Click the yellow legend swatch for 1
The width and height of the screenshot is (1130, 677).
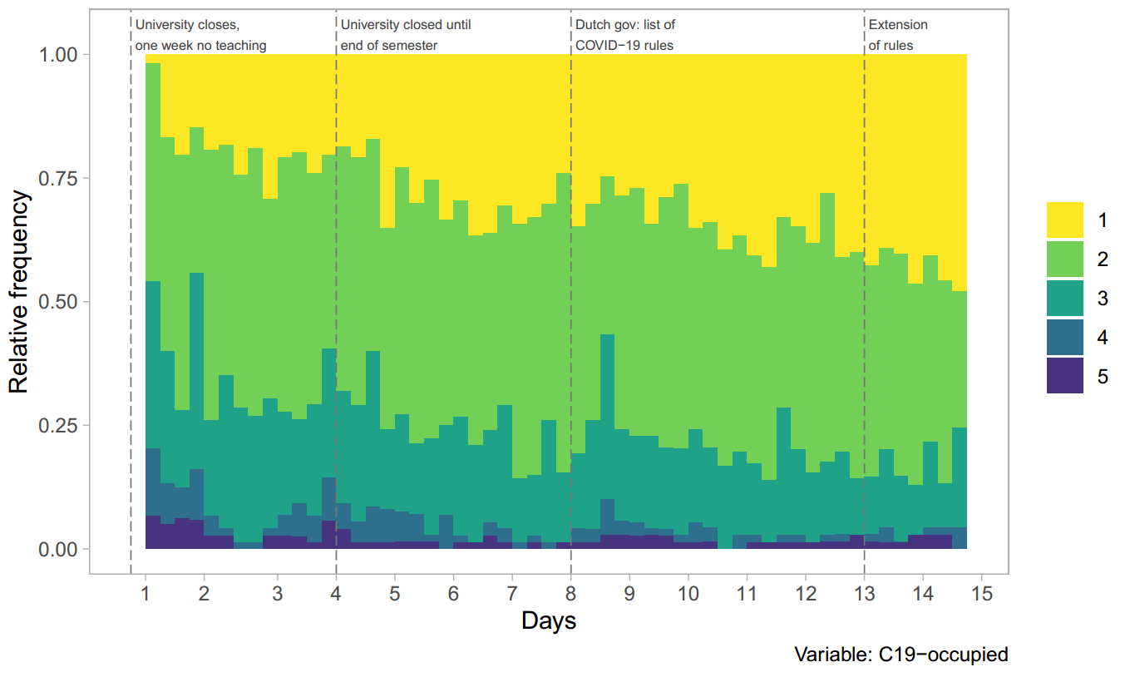[x=1064, y=220]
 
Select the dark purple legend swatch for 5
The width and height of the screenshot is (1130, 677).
[x=1064, y=376]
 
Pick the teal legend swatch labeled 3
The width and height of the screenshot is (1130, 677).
[x=1064, y=298]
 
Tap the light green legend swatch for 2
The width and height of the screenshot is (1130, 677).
[x=1064, y=259]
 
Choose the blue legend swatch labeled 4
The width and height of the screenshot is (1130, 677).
[x=1064, y=337]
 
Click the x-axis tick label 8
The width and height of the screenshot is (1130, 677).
[x=570, y=595]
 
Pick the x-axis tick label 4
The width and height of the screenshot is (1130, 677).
[x=336, y=595]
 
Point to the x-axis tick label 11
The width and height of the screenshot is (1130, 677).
[x=747, y=595]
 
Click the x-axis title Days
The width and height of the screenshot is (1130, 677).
[x=549, y=620]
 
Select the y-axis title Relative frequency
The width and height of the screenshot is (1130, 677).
[x=21, y=292]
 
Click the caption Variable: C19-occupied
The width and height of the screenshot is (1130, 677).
[x=901, y=655]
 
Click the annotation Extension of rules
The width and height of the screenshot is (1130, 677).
[x=897, y=35]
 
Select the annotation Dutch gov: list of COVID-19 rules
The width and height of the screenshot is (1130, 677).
[x=624, y=35]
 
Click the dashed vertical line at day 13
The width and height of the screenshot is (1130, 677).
[x=864, y=333]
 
